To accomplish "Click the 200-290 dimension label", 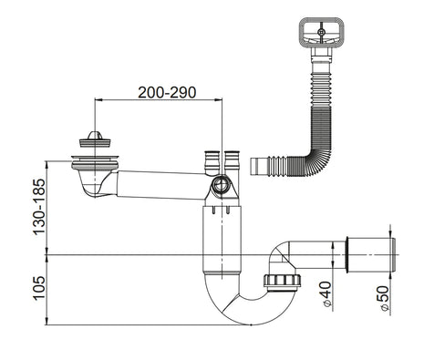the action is pos(167,93).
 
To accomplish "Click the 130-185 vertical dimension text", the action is pos(39,207).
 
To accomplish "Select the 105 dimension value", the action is pos(39,288).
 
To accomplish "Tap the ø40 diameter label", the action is pos(326,294).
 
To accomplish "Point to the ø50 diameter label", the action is pos(384,298).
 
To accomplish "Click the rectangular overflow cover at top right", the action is pos(321,33).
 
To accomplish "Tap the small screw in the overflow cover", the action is pos(321,32).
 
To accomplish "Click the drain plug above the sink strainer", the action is pos(95,139).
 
